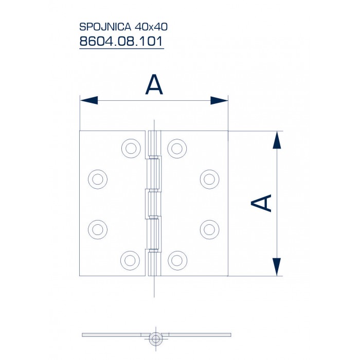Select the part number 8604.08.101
(x=121, y=41)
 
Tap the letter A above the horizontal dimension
(x=154, y=84)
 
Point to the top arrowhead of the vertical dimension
(x=277, y=139)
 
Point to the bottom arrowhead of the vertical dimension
(x=277, y=267)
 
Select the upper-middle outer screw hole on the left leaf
(x=98, y=179)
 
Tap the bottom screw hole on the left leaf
(x=131, y=259)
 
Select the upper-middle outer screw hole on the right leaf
(x=209, y=179)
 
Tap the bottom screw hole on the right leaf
(x=177, y=259)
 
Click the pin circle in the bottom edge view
(x=155, y=338)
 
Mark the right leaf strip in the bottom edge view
(x=198, y=335)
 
